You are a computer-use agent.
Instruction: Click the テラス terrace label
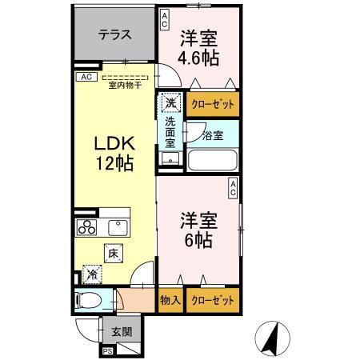[x=115, y=36]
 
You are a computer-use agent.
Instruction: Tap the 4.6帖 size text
[x=199, y=58]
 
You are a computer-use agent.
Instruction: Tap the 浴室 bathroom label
[x=212, y=135]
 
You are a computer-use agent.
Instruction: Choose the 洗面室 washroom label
[x=170, y=132]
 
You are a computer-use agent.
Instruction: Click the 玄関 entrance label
[x=121, y=332]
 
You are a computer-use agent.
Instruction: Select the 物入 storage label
[x=170, y=301]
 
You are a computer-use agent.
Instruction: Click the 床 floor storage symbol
[x=113, y=253]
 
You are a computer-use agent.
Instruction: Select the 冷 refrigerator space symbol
[x=93, y=274]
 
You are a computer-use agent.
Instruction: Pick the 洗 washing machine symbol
[x=170, y=102]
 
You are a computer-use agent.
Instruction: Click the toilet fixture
[x=89, y=302]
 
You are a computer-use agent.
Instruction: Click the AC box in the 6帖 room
[x=233, y=189]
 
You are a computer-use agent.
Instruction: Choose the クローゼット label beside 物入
[x=212, y=301]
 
